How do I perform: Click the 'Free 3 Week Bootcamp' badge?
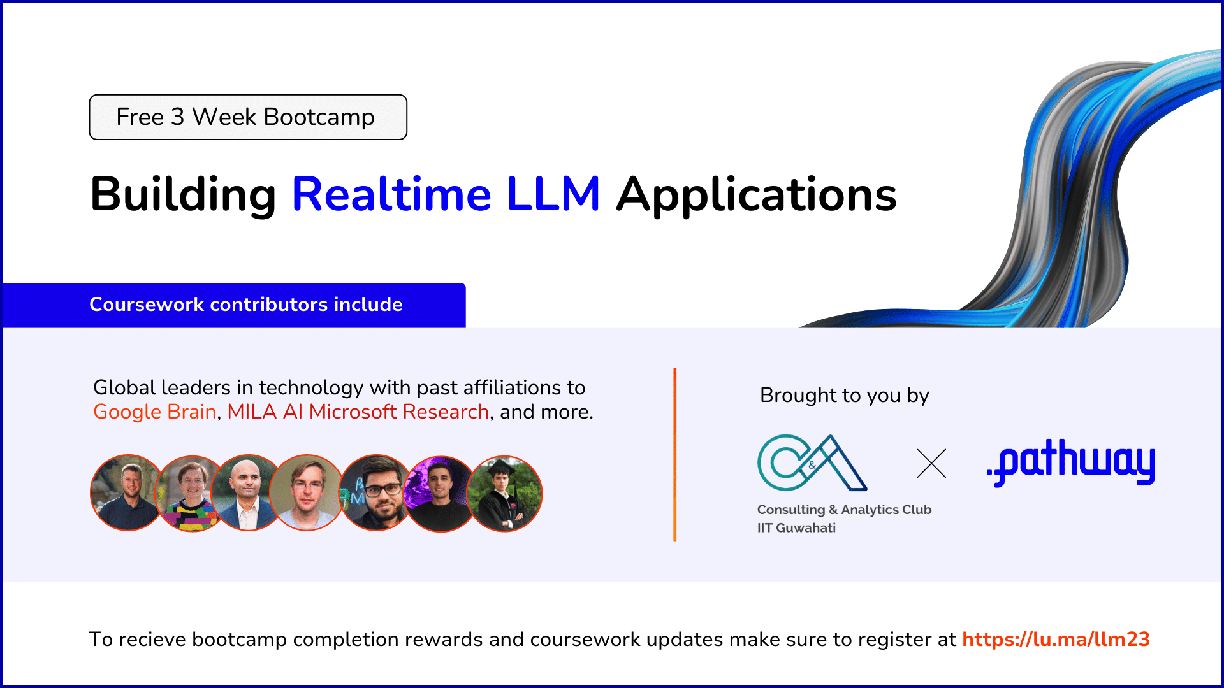pos(248,117)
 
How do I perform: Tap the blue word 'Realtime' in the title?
pos(391,194)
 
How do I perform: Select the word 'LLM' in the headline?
pos(553,194)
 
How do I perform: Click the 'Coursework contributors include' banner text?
pos(246,305)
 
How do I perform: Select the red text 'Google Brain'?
pos(155,412)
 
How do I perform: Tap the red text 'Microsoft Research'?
pos(399,412)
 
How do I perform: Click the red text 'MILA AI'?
pos(265,412)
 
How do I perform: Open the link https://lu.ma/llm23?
pos(1056,639)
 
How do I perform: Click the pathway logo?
pos(1071,462)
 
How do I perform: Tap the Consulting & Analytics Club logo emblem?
pos(812,463)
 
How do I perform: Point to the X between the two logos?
pos(931,463)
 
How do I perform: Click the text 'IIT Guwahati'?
pos(796,528)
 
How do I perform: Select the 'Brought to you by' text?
pos(845,396)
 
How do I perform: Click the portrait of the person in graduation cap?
pos(504,494)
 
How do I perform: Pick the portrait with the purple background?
pos(441,494)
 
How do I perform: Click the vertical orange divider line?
pos(674,455)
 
